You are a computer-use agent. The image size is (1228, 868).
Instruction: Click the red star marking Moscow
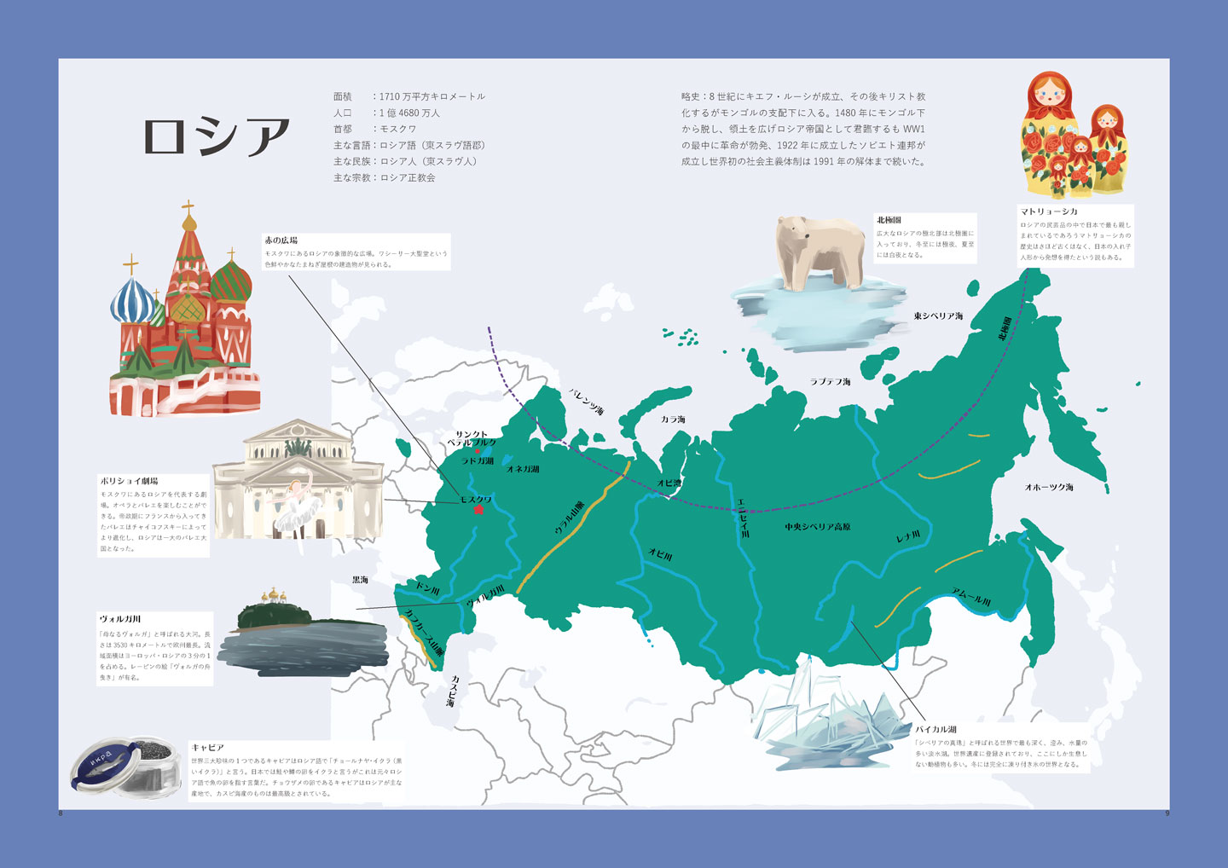coord(478,510)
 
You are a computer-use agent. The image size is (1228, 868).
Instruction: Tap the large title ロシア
coord(217,136)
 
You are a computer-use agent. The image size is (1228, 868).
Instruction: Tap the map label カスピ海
coord(453,691)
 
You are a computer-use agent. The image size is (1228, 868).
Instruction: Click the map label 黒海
coord(360,580)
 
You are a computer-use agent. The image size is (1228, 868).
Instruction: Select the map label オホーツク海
coord(1049,488)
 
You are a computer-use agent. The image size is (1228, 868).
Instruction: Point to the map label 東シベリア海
coord(938,316)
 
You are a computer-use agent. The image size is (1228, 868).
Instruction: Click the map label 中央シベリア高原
coord(818,527)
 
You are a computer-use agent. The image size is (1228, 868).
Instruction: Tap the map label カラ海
coord(673,420)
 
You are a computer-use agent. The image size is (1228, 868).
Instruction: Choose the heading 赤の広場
coord(281,240)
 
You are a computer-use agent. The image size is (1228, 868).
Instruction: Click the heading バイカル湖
coord(935,729)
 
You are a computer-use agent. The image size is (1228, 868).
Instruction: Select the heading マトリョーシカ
coord(1049,211)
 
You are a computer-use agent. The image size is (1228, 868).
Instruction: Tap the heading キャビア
coord(207,747)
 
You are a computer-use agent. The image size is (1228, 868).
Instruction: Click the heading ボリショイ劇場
coord(129,481)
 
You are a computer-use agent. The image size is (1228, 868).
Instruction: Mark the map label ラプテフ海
coord(830,382)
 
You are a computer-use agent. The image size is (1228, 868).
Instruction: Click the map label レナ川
coord(907,536)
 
